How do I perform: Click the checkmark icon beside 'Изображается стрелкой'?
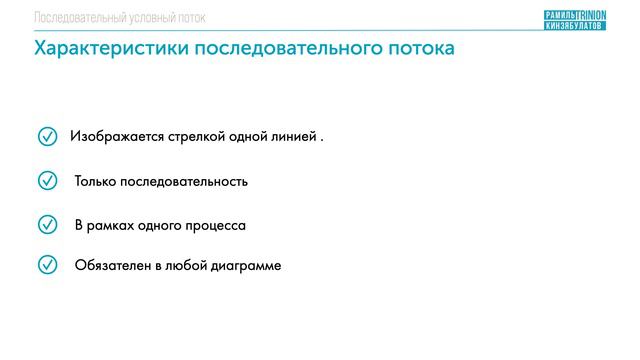click(47, 136)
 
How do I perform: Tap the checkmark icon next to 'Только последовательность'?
click(47, 181)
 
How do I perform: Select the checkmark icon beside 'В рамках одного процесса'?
click(47, 225)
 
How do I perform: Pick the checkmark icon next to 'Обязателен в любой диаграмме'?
click(47, 265)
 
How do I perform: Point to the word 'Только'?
click(95, 182)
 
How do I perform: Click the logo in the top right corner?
click(574, 19)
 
